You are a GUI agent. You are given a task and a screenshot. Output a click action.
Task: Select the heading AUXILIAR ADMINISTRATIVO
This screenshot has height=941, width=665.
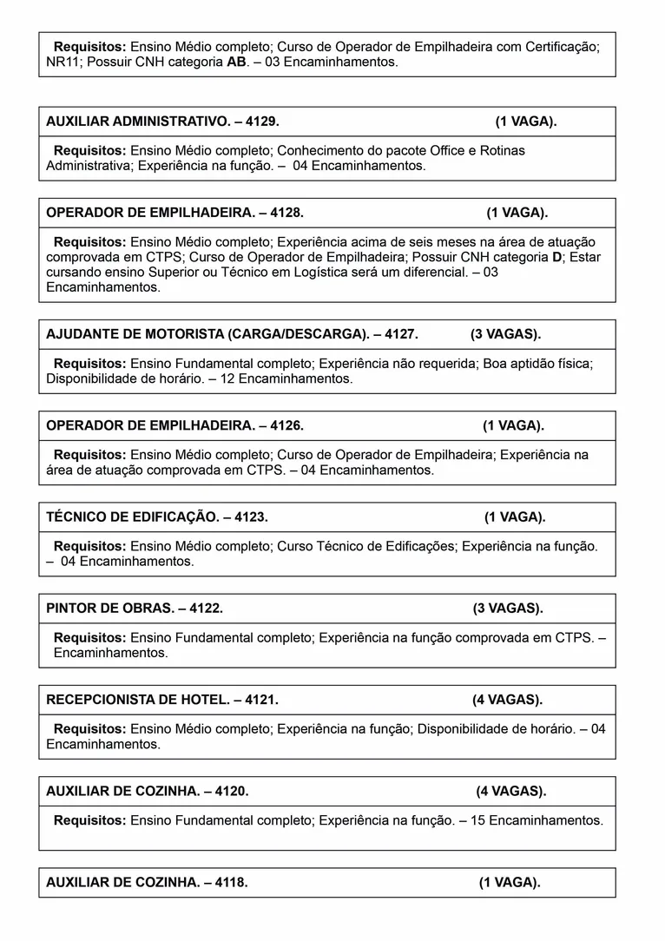click(x=137, y=122)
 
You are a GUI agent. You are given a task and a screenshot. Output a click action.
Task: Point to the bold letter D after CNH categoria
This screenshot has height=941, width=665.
click(x=556, y=257)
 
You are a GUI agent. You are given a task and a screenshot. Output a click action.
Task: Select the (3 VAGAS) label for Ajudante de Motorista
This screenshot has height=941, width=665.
click(x=505, y=334)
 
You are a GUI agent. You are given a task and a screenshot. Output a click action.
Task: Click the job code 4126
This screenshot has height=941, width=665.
click(x=286, y=425)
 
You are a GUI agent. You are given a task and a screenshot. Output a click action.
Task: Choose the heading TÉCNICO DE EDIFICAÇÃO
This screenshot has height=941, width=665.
click(x=132, y=517)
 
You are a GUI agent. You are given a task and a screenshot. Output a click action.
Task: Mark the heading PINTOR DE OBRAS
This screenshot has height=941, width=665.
click(x=109, y=609)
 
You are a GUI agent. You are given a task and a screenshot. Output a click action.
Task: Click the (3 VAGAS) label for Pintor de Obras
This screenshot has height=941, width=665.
click(x=508, y=609)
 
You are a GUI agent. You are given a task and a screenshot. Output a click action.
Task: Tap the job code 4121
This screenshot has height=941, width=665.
click(x=261, y=700)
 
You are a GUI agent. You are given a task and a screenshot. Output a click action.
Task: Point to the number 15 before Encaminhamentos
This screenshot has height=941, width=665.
click(x=477, y=819)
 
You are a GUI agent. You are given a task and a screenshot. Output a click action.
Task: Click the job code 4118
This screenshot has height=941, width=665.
click(x=231, y=882)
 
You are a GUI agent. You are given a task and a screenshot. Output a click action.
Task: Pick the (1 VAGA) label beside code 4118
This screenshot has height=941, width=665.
click(x=510, y=882)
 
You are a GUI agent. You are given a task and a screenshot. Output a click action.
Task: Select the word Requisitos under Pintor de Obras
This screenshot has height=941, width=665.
click(x=90, y=637)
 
